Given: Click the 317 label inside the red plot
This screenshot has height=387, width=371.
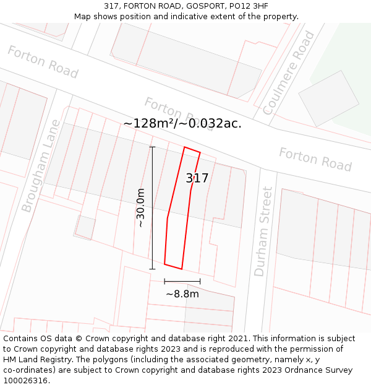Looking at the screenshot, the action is point(197,178).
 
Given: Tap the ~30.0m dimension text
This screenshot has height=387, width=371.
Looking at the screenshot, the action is point(141,208).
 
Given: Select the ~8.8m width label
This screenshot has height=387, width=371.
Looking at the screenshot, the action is point(182,294).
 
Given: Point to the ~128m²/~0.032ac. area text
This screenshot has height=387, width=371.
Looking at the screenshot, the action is point(182,123).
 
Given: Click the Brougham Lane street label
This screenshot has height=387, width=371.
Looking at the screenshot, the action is point(41,166).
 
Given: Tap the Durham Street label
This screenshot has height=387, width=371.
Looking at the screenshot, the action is point(263,232).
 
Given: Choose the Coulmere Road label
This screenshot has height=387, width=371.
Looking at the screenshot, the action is point(289,72).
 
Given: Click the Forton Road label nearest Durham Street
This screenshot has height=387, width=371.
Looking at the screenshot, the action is point(315,159).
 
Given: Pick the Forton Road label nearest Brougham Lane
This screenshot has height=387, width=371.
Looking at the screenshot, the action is point(43,62).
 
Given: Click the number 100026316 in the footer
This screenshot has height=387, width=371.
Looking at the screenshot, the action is point(26,381).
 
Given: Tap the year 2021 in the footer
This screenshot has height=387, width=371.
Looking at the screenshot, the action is point(238,339).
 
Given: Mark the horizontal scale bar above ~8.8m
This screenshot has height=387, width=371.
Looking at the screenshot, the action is point(182,282).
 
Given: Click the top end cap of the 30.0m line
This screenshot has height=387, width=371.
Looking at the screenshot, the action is point(152,147).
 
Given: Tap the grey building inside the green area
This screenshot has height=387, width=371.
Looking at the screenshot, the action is point(328,99).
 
